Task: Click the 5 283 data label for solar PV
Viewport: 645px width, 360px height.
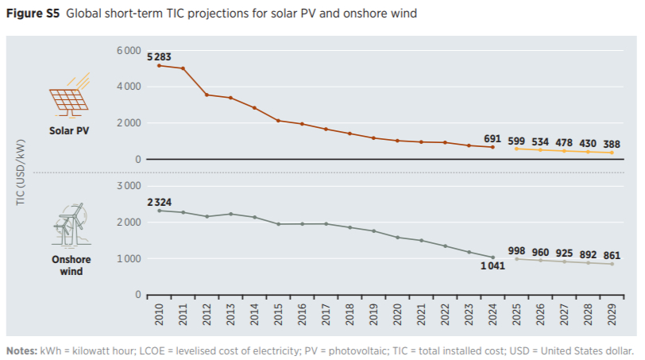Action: click(158, 56)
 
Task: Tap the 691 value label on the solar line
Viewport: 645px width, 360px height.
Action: click(493, 138)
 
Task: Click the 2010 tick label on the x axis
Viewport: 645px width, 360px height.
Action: click(160, 315)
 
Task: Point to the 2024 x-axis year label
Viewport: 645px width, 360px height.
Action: click(493, 315)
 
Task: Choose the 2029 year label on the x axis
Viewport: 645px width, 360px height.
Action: click(612, 315)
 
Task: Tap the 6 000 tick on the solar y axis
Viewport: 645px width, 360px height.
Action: click(127, 51)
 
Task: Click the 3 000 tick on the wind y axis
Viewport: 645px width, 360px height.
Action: click(127, 186)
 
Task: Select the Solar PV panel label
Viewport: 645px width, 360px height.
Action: click(70, 130)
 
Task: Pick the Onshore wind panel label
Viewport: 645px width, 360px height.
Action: click(71, 265)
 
